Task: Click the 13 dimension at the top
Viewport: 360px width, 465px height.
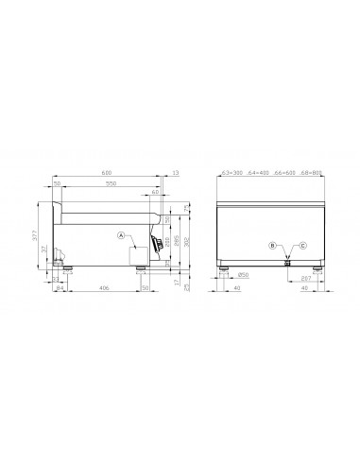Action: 176,173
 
